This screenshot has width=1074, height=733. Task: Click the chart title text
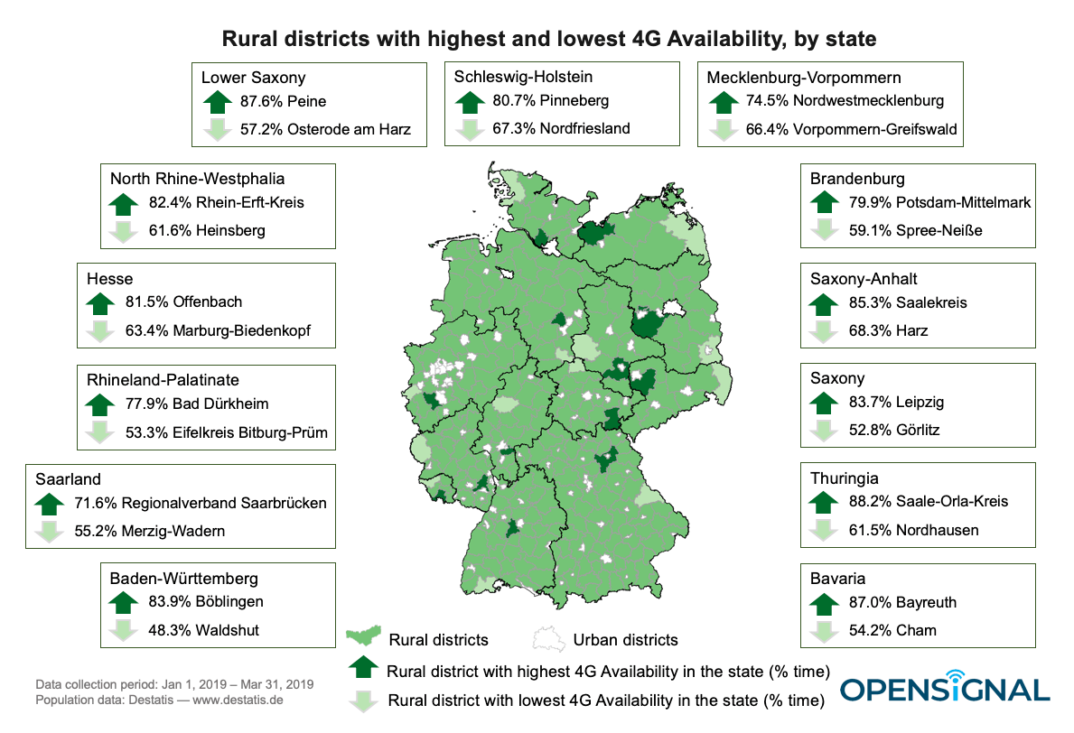point(537,39)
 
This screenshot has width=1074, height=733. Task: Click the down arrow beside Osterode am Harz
point(217,129)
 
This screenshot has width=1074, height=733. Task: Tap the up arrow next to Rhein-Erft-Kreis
point(121,202)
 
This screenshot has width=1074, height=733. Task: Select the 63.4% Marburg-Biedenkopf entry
point(217,329)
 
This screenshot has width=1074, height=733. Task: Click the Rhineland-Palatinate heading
point(163,379)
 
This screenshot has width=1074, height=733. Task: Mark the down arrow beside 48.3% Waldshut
point(121,631)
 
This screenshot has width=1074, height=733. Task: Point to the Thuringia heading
point(844,478)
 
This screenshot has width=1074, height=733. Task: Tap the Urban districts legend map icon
point(545,638)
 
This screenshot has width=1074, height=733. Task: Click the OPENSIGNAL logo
point(944,688)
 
